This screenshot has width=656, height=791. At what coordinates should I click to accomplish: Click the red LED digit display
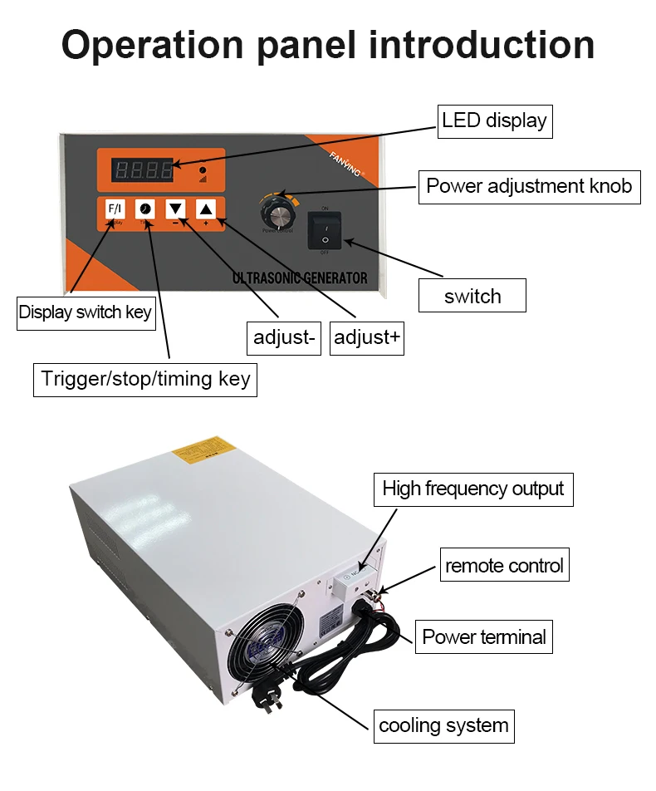[x=144, y=172]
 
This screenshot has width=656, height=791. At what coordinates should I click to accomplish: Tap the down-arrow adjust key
[x=176, y=209]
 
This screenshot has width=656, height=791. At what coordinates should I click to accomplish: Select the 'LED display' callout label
[x=494, y=120]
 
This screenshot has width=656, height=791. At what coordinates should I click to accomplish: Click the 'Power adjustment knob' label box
[x=529, y=185]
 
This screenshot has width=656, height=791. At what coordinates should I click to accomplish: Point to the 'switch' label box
[x=472, y=296]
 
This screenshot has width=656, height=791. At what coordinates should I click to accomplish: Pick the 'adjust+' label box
[x=367, y=337]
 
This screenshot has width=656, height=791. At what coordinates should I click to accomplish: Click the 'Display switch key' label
[x=86, y=312]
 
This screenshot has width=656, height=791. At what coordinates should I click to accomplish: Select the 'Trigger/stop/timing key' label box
[x=145, y=379]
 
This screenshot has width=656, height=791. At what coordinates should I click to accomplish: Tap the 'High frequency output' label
[x=473, y=489]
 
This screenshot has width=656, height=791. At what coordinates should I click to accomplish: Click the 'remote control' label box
[x=504, y=566]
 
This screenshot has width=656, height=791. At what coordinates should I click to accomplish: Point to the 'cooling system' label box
[x=443, y=725]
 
